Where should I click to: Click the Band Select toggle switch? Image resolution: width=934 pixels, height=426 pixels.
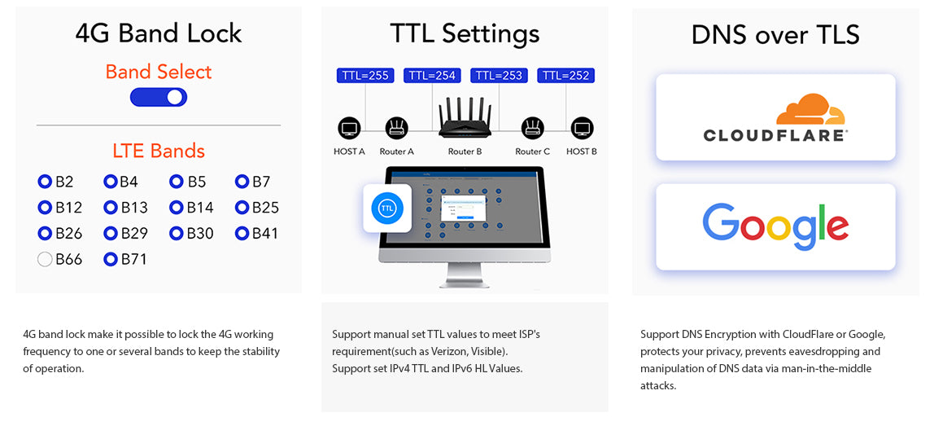pos(159,98)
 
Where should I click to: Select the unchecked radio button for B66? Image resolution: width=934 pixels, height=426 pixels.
pos(45,260)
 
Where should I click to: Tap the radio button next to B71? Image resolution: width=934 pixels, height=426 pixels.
pos(111,260)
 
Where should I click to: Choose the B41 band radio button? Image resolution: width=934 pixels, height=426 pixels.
pos(242,234)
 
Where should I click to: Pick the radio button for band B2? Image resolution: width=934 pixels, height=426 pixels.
pos(45,182)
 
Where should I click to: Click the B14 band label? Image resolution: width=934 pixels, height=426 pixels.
pos(200,208)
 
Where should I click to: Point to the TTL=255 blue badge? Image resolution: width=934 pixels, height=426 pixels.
pos(365,76)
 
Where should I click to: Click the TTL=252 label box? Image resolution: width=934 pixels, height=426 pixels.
pos(565,76)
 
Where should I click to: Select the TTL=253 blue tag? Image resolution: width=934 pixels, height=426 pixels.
pos(499,76)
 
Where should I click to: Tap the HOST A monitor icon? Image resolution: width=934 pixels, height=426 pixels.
pos(349,128)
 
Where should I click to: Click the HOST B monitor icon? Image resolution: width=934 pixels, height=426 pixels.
pos(582,128)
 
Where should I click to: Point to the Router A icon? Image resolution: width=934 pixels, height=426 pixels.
pos(396,128)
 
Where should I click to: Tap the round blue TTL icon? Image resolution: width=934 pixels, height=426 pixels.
pos(387,208)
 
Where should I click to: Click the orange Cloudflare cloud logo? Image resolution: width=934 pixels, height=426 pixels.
pos(810,109)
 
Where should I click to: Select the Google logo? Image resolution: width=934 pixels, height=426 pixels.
pos(775,226)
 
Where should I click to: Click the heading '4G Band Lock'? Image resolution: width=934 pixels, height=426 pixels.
pos(159,33)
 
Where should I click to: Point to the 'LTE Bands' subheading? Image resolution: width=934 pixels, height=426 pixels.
pos(159,151)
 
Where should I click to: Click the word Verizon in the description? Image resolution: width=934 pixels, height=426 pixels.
pos(452,351)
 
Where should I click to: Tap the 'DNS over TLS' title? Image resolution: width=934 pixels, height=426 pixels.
pos(775,34)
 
